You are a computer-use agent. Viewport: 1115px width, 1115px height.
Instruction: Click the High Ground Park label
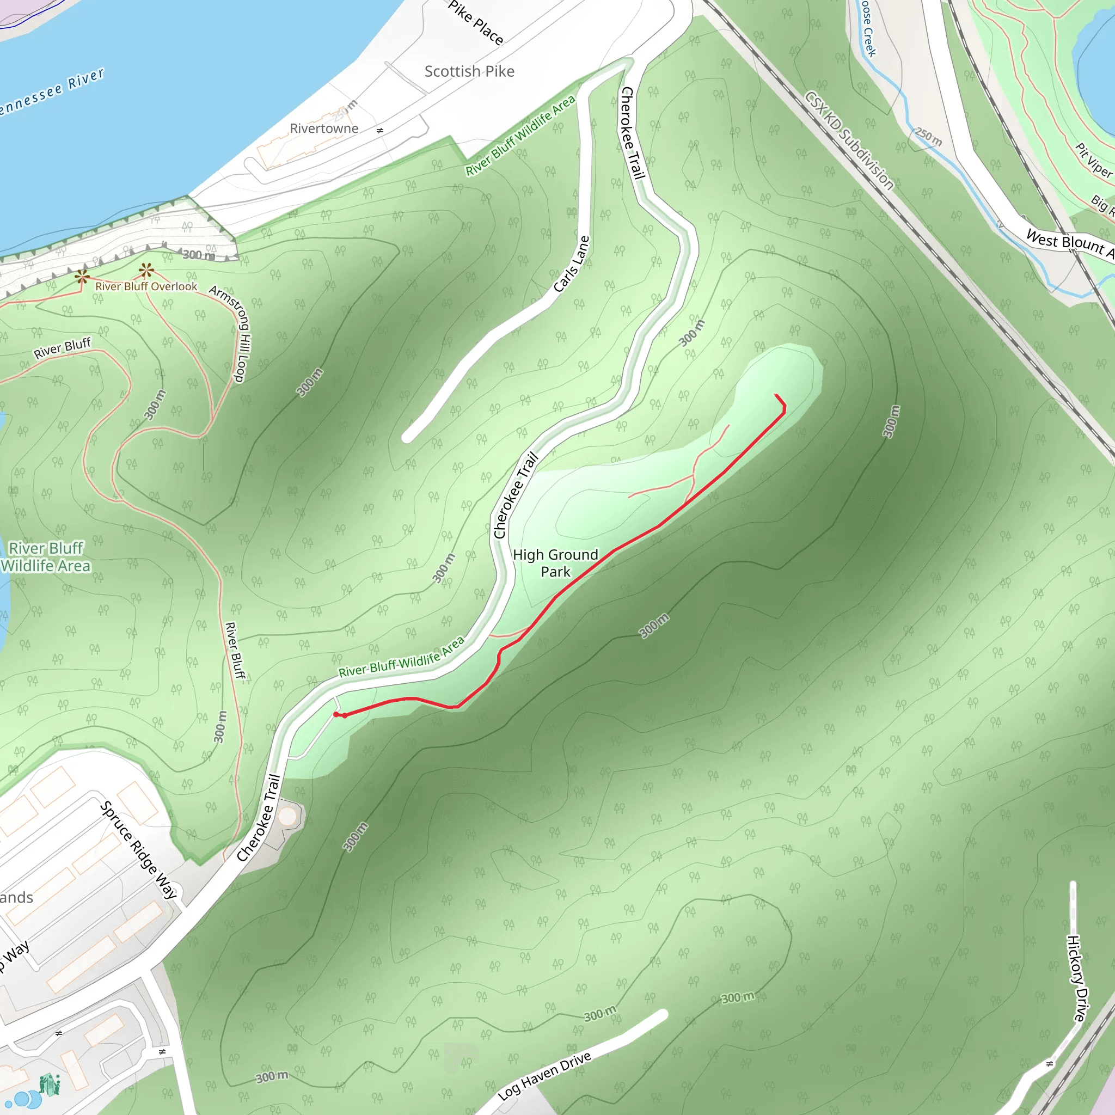[555, 563]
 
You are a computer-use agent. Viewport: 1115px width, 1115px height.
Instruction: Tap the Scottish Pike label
[469, 71]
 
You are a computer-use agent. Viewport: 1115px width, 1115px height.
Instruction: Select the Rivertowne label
[324, 128]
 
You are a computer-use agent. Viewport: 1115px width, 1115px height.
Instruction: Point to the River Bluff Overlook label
[146, 286]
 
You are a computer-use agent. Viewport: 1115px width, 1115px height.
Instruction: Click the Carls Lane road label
[571, 264]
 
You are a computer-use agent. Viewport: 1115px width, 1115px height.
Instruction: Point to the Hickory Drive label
[1077, 978]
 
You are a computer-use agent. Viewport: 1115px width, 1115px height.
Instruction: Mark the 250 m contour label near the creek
[928, 137]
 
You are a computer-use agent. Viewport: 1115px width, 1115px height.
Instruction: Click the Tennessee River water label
[52, 93]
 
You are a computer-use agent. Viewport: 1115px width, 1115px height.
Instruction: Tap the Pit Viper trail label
[1093, 161]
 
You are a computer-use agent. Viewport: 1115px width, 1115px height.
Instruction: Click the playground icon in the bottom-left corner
[50, 1085]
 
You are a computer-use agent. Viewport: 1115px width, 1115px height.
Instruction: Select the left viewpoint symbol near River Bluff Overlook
[82, 277]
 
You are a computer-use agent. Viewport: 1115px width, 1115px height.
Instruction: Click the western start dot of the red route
[336, 714]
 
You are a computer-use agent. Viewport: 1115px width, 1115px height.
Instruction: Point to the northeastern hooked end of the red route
[776, 396]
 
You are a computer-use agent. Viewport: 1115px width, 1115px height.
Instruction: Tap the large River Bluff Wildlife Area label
[46, 556]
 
